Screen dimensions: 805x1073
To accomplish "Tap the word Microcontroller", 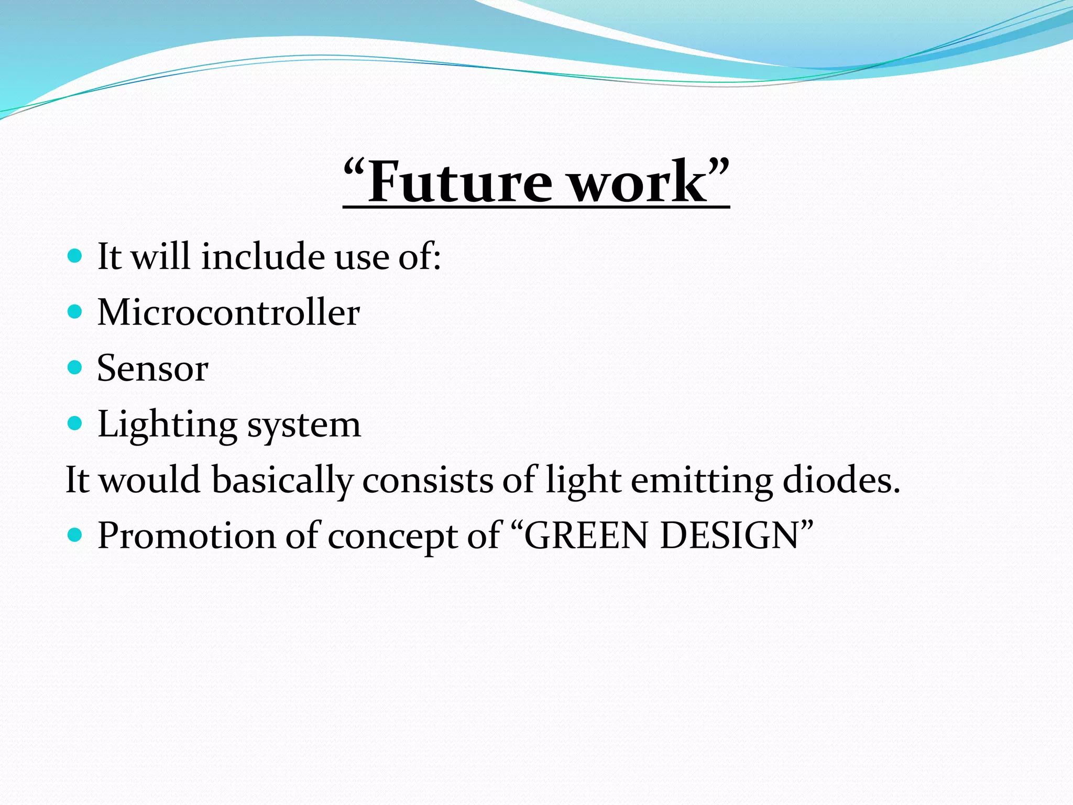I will click(x=228, y=312).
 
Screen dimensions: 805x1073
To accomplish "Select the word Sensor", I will click(x=152, y=368).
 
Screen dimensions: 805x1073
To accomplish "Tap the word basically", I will click(x=282, y=481).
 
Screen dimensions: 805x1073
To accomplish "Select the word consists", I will click(x=428, y=481).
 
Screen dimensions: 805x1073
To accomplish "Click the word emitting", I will click(x=702, y=481).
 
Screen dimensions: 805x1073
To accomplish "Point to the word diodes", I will click(x=841, y=481).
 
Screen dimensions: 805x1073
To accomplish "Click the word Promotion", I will click(x=187, y=536).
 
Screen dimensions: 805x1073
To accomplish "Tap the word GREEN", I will click(x=587, y=536).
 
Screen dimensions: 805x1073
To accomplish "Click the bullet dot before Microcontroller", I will click(x=75, y=312).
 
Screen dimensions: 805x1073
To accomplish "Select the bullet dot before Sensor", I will click(x=75, y=367).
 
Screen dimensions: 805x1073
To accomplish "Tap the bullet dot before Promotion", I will click(x=75, y=535).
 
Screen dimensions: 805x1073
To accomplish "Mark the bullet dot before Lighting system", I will click(x=75, y=423).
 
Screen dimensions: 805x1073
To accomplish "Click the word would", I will click(x=150, y=481).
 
